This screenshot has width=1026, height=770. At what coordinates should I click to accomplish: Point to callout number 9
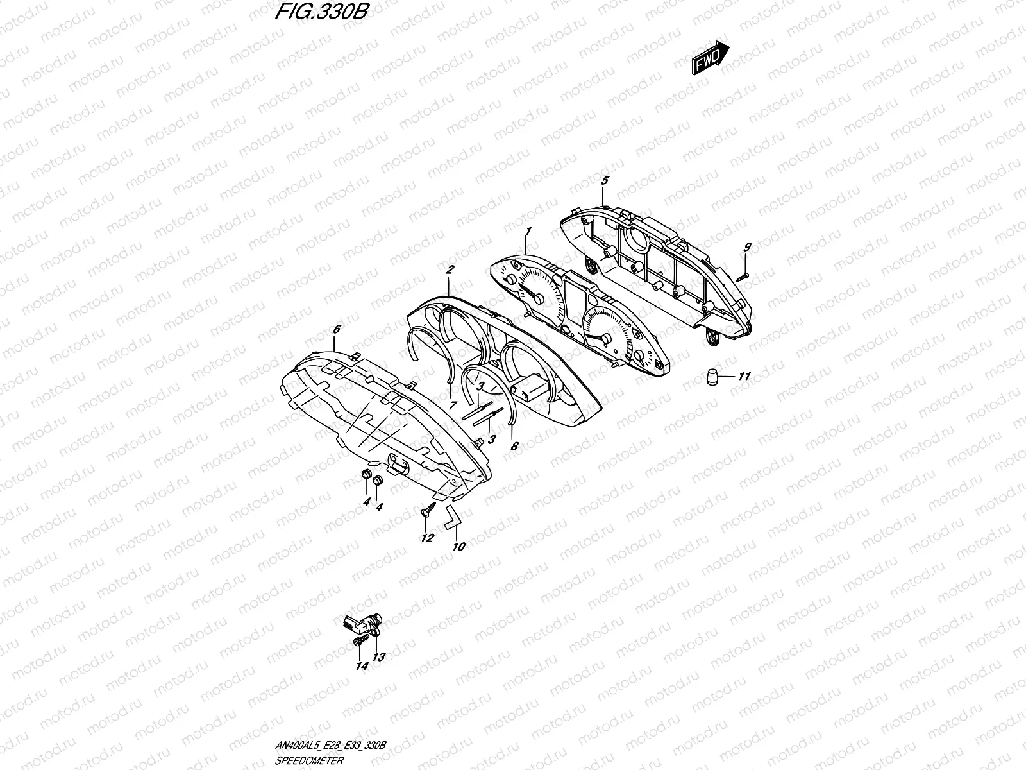747,247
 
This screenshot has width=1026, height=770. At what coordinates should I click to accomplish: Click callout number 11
744,377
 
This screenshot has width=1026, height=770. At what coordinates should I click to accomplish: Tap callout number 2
450,269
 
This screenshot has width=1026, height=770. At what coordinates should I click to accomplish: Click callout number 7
453,406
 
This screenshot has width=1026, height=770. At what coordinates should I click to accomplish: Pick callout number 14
362,666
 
